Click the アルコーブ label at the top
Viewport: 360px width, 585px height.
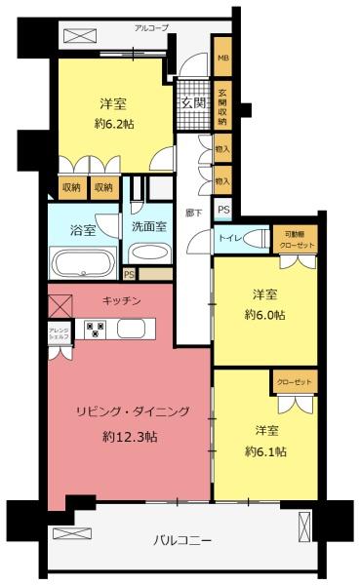(x=152, y=28)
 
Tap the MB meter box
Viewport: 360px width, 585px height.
(x=222, y=58)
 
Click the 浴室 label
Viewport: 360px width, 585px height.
(x=83, y=231)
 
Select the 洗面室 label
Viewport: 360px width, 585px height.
(x=149, y=226)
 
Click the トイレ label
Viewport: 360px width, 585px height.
(x=230, y=239)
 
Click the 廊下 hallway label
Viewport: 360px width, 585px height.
(x=192, y=212)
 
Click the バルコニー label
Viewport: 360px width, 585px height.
(x=182, y=540)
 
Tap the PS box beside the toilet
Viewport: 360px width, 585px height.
(x=223, y=211)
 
